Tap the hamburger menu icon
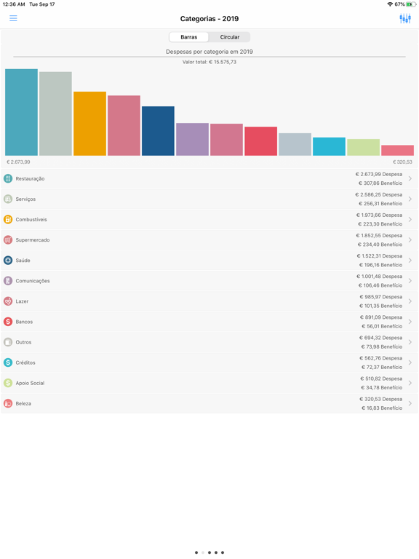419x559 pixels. pyautogui.click(x=13, y=18)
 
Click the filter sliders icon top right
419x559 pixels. pyautogui.click(x=405, y=18)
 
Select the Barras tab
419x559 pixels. pyautogui.click(x=188, y=37)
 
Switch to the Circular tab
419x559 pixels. pyautogui.click(x=230, y=37)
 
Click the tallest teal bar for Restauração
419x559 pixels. pyautogui.click(x=21, y=112)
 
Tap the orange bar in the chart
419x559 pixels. pyautogui.click(x=89, y=124)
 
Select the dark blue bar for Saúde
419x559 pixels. pyautogui.click(x=158, y=131)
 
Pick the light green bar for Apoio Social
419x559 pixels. pyautogui.click(x=363, y=147)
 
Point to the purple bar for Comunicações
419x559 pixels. pyautogui.click(x=192, y=139)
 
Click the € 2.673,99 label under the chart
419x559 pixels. pyautogui.click(x=19, y=162)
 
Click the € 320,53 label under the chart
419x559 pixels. pyautogui.click(x=402, y=162)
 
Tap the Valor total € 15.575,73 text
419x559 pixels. pyautogui.click(x=209, y=63)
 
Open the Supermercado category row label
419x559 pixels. pyautogui.click(x=33, y=240)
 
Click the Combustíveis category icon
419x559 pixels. pyautogui.click(x=8, y=219)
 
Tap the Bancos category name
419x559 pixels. pyautogui.click(x=24, y=322)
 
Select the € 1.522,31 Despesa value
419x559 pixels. pyautogui.click(x=379, y=256)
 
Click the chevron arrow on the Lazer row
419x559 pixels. pyautogui.click(x=410, y=301)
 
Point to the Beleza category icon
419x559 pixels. pyautogui.click(x=8, y=403)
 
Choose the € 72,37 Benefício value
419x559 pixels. pyautogui.click(x=380, y=367)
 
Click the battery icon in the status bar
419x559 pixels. pyautogui.click(x=412, y=4)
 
